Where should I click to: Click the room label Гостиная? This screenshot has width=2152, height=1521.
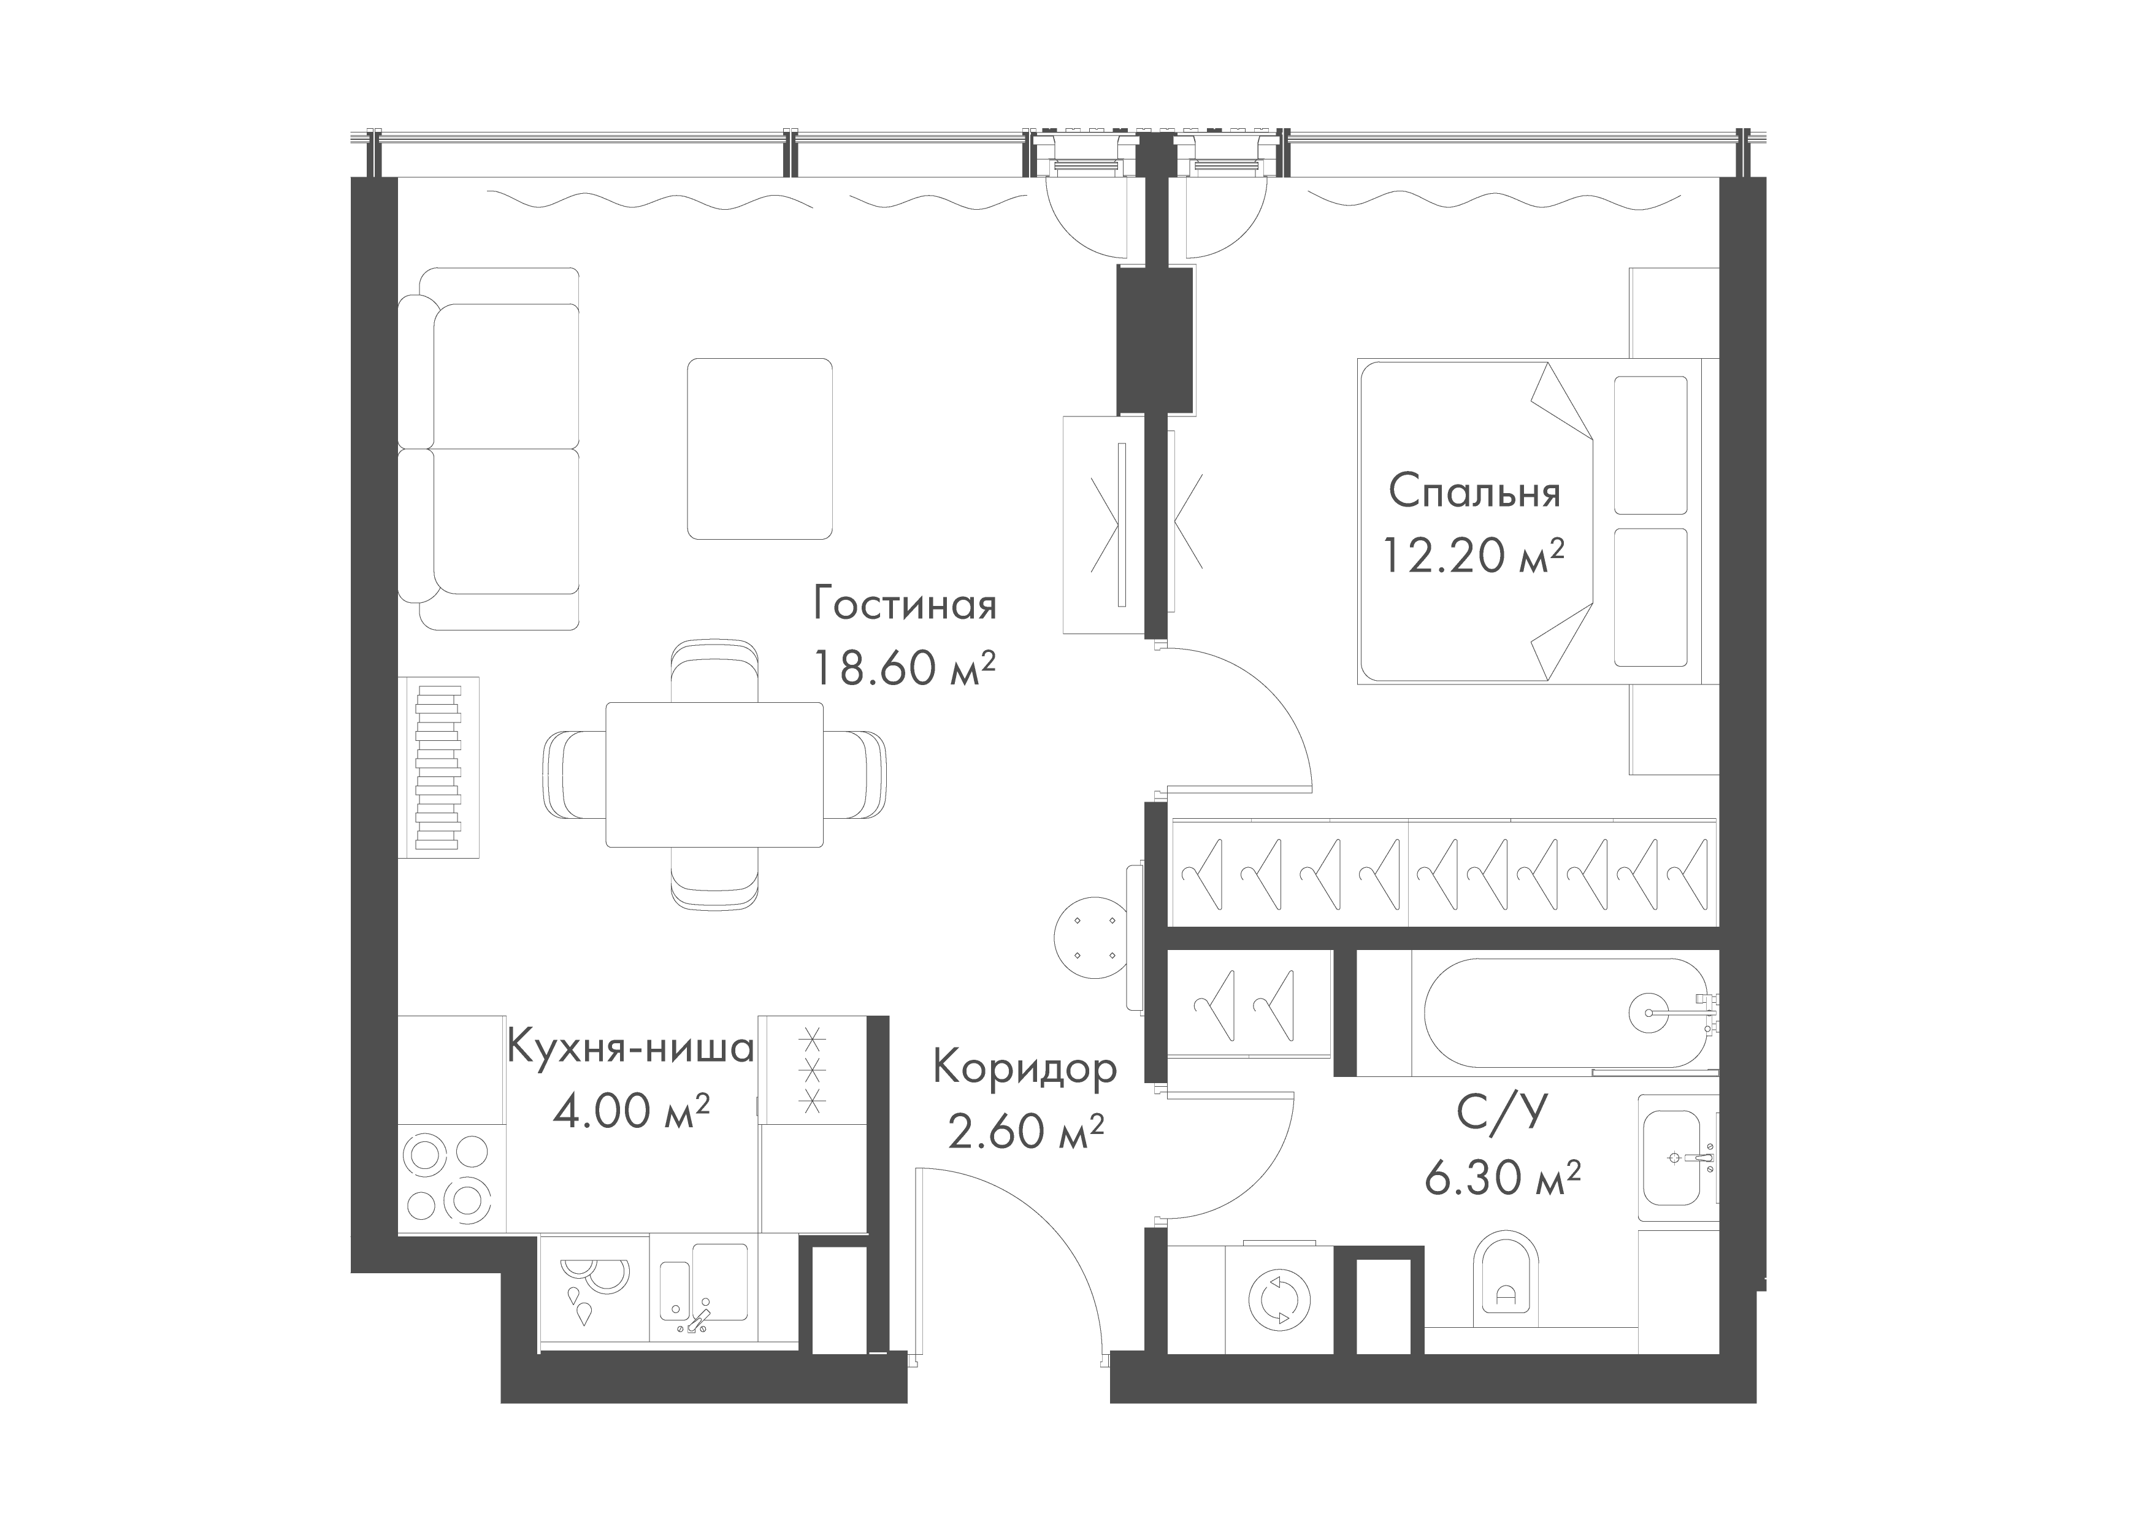905,605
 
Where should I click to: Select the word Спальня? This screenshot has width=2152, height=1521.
1474,492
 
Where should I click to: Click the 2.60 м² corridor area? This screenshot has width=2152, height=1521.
1025,1131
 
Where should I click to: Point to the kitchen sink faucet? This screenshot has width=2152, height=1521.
695,1322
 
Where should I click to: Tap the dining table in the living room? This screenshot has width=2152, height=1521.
714,774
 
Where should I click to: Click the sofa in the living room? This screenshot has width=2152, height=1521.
497,448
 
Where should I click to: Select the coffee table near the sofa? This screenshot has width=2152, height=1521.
759,449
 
